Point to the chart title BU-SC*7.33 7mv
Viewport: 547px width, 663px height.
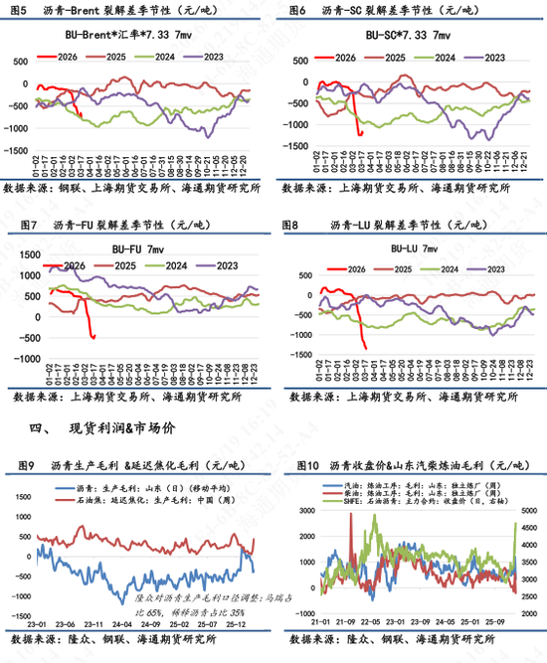pyautogui.click(x=409, y=35)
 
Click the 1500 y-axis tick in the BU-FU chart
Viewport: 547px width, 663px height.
pyautogui.click(x=22, y=245)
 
